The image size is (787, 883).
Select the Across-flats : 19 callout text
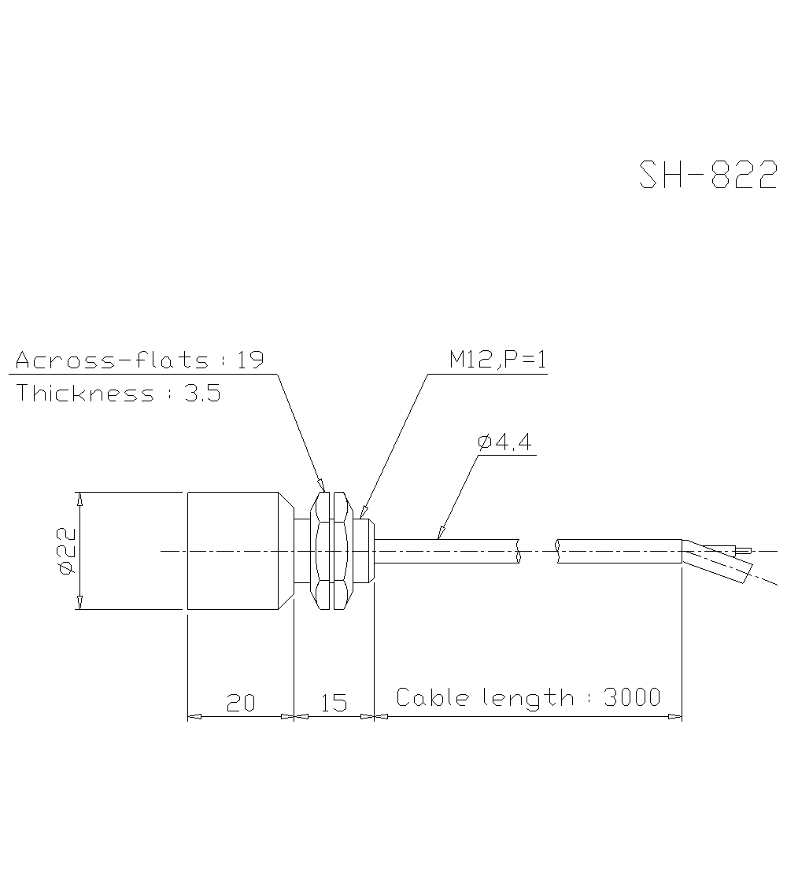[139, 360]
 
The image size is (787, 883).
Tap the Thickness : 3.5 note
[118, 393]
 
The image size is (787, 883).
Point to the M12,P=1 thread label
[497, 360]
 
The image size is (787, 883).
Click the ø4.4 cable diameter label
[504, 442]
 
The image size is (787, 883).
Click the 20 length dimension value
[241, 703]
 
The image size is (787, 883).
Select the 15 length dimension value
[334, 703]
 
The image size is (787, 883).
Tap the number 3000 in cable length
[632, 697]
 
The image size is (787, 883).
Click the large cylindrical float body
[233, 550]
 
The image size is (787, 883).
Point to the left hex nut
[322, 550]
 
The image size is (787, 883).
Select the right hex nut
[340, 550]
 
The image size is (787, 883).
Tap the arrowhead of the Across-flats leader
[320, 485]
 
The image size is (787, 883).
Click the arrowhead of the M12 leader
[361, 512]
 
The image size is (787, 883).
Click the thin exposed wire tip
[743, 551]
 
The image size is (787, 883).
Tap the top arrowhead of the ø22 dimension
[79, 498]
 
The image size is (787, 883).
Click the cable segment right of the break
[619, 551]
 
